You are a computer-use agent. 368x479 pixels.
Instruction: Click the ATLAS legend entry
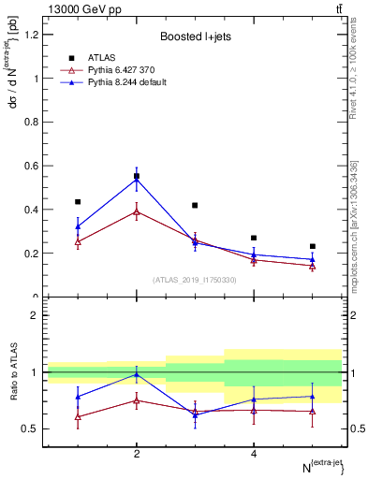tap(102, 58)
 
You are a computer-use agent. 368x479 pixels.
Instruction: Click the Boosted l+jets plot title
tap(194, 36)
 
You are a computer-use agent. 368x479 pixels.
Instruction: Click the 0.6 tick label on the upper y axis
tap(32, 166)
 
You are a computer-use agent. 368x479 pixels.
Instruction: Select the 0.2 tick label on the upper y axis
tap(32, 254)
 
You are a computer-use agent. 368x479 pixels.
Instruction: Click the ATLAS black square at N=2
tap(137, 176)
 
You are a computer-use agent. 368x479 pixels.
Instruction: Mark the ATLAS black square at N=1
tap(78, 201)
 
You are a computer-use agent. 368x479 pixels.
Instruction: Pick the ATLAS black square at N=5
tap(313, 246)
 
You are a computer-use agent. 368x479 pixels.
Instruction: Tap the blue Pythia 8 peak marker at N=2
tap(137, 179)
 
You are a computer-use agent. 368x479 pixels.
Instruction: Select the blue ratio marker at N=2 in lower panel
tap(137, 374)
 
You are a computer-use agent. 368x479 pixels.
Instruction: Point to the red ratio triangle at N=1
tap(78, 416)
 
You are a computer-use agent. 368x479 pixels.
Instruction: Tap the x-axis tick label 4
tap(254, 454)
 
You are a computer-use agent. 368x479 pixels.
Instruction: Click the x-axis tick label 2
tap(137, 454)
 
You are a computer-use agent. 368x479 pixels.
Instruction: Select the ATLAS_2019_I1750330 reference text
tap(194, 279)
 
